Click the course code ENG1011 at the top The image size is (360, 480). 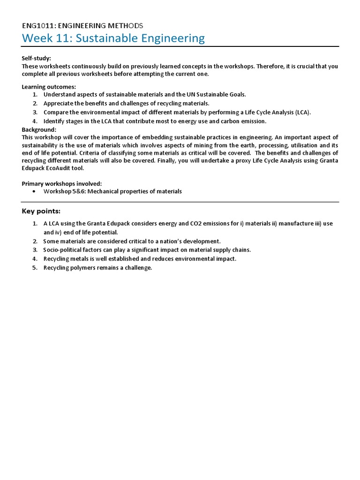(x=39, y=25)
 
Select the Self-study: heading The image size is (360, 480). (x=36, y=58)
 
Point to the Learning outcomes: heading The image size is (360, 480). (x=49, y=87)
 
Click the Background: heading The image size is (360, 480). (x=39, y=129)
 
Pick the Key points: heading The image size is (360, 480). (x=41, y=211)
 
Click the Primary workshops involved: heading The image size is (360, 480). (x=61, y=183)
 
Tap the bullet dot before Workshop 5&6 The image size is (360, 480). (x=35, y=192)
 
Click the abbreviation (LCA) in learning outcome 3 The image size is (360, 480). (x=302, y=112)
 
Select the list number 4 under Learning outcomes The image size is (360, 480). (x=35, y=121)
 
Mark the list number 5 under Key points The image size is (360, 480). (x=35, y=268)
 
